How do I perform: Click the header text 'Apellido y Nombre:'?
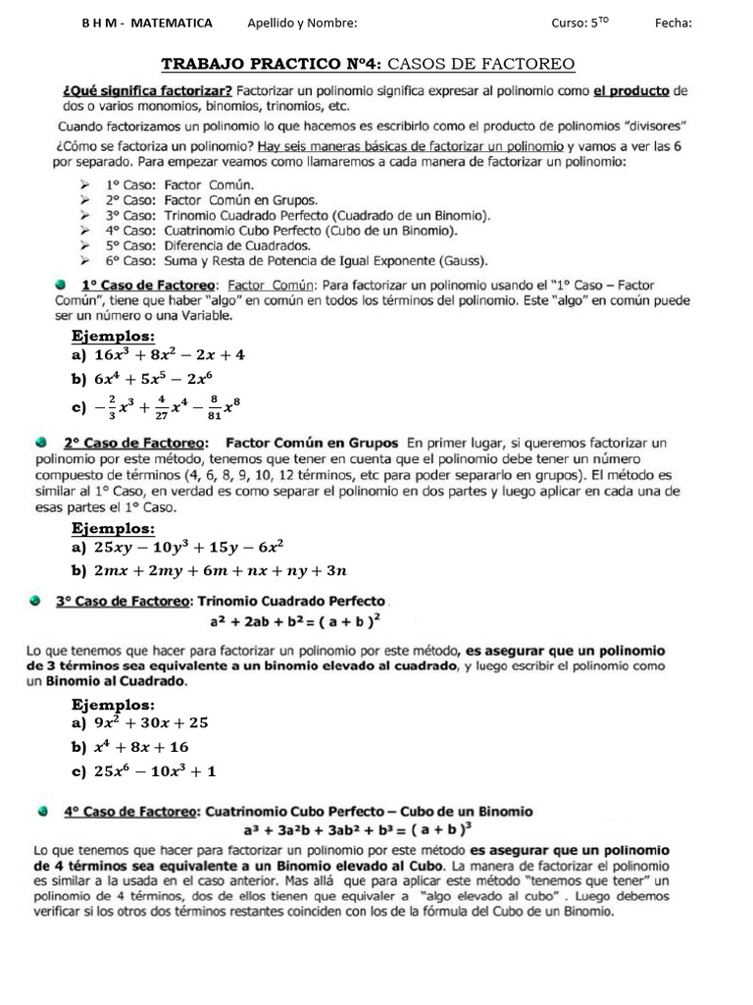coord(302,24)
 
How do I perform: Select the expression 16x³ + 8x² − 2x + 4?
coord(169,355)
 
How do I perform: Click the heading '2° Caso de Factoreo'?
coord(134,444)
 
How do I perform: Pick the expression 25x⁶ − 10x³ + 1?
coord(155,771)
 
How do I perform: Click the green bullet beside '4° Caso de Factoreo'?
coord(42,812)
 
